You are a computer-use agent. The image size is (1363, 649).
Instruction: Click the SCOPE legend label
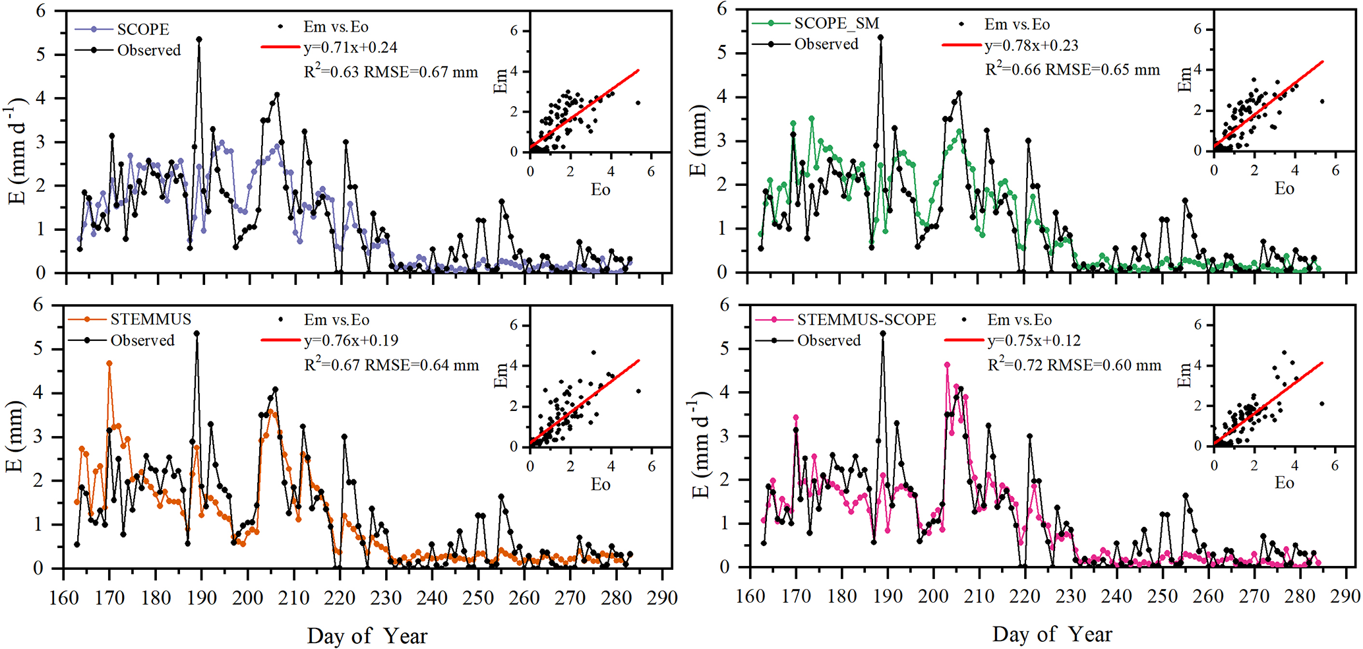[143, 30]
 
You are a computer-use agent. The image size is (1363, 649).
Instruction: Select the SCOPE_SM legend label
[836, 24]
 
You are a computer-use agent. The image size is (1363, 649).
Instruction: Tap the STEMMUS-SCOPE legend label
[866, 320]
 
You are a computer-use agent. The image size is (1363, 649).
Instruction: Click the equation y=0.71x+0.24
[350, 47]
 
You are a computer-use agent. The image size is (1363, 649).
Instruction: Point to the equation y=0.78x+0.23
[1031, 46]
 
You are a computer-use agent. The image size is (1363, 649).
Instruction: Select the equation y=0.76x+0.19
[351, 341]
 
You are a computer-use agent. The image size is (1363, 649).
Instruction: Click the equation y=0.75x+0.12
[1033, 341]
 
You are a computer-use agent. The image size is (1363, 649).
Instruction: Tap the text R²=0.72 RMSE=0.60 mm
[1074, 365]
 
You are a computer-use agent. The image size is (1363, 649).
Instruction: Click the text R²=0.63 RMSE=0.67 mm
[390, 72]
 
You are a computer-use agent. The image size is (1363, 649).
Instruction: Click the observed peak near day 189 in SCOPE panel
[199, 40]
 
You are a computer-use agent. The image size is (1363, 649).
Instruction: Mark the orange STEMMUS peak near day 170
[109, 363]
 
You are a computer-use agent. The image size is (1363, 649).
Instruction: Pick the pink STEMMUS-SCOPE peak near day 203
[947, 365]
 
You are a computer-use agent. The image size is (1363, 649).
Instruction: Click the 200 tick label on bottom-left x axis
[247, 598]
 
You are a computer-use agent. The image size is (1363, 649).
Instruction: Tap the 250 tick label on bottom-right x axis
[1162, 596]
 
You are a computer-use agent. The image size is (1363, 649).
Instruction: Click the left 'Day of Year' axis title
[367, 636]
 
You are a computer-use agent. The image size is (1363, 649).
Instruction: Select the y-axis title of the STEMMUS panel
[15, 437]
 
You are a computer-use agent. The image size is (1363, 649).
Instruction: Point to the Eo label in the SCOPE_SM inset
[1284, 189]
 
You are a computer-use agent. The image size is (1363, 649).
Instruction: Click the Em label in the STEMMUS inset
[501, 375]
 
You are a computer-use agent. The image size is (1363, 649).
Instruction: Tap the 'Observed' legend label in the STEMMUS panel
[142, 341]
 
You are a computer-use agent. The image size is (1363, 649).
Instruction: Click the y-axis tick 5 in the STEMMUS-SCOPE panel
[725, 348]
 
